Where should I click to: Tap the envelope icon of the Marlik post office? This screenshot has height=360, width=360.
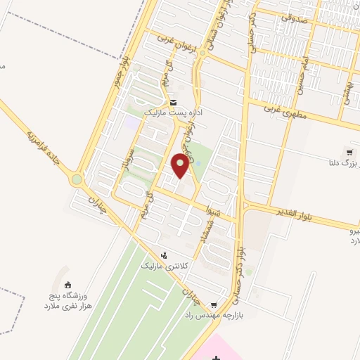tap(173, 102)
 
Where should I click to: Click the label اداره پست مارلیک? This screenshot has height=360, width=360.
tap(171, 112)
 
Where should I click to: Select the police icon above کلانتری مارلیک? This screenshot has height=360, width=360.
tap(164, 256)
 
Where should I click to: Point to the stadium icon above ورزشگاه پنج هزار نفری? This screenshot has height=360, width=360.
tap(68, 285)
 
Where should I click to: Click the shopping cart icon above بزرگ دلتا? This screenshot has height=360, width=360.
tap(349, 152)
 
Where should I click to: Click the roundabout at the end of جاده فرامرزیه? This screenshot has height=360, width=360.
tap(76, 180)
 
